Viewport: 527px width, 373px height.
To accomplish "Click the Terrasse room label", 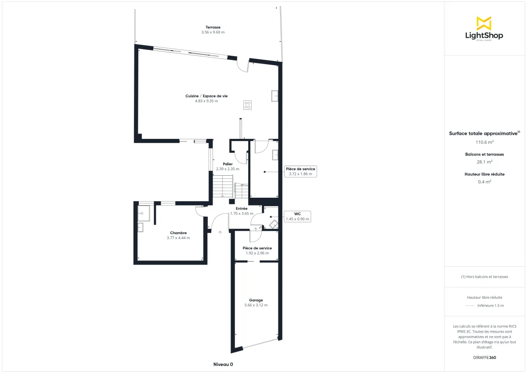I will pos(213,29).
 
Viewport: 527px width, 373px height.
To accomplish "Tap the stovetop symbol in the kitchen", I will pos(248,105).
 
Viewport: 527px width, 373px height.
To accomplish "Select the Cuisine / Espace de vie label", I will pos(206,98).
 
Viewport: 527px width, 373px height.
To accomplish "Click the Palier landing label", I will pos(227,167).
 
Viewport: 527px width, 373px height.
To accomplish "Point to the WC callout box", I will pos(297,216).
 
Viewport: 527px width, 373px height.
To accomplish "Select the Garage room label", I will pos(256,303).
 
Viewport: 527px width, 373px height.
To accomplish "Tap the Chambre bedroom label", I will pos(178,235).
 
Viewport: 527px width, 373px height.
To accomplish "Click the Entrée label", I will pos(242,211).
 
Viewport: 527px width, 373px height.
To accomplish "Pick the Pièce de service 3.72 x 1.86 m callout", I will pos(300,171).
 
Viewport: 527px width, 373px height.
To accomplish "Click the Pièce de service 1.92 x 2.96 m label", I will pos(257,250).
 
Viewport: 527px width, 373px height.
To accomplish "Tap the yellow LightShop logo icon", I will pos(484,23).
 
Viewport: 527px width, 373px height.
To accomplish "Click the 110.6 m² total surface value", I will pos(484,142).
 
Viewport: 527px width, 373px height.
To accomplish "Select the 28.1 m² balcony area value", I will pos(484,162).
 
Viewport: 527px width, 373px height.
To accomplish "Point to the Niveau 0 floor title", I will pos(223,364).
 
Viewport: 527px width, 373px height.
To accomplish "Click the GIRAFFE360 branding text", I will pos(484,358).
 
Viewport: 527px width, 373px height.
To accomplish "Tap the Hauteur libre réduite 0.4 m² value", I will pos(484,181).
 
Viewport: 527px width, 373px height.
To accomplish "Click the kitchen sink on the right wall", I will pos(275,96).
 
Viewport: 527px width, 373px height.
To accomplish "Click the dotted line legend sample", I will pos(469,305).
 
